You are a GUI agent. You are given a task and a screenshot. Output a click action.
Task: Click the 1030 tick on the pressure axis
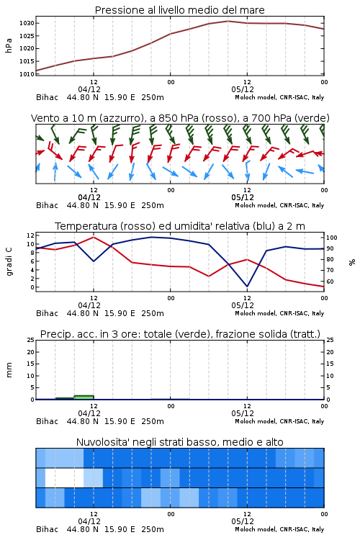tap(27, 24)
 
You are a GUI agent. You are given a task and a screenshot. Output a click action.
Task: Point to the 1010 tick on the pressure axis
tap(27, 74)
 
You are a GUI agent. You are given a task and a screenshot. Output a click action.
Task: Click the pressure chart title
tap(180, 10)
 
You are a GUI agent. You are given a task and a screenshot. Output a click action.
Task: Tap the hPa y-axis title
tap(9, 45)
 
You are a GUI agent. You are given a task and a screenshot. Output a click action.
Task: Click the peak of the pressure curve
tap(228, 21)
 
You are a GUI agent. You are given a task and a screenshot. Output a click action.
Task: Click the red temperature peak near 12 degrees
tap(94, 237)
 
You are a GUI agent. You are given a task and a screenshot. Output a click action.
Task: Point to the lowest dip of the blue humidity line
tap(247, 286)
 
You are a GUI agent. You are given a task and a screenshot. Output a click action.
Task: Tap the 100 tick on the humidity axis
tap(332, 238)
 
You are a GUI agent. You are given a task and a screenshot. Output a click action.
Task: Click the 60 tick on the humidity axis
tap(330, 282)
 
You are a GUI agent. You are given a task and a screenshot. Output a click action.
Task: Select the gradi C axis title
tap(9, 261)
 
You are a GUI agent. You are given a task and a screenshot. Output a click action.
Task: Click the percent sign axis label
tap(352, 262)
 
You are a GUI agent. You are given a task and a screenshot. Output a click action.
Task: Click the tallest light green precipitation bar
tap(84, 397)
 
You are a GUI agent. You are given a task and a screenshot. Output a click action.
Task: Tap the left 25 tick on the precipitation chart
tap(31, 340)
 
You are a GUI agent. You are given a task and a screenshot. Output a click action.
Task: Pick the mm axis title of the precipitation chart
tap(9, 370)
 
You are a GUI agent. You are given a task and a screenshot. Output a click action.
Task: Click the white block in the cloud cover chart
tap(64, 477)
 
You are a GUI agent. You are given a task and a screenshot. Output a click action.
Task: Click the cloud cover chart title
tap(180, 442)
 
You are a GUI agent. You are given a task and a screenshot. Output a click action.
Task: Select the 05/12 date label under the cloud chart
tap(243, 521)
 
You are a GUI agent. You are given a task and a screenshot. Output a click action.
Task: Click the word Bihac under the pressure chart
tap(48, 97)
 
